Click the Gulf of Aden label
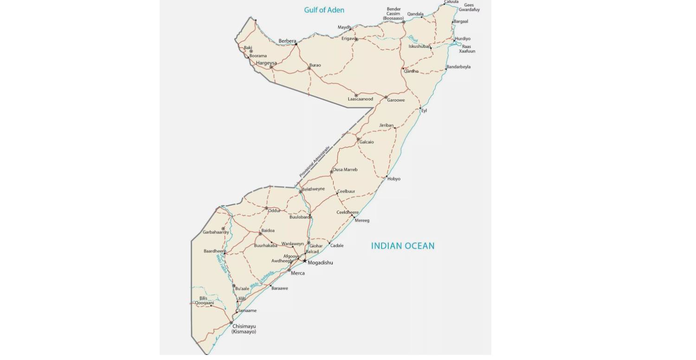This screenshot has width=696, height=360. click(x=324, y=10)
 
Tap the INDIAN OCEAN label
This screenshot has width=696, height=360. click(x=402, y=246)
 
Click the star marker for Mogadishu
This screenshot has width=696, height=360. click(x=304, y=261)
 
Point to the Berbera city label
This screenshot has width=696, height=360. click(x=287, y=41)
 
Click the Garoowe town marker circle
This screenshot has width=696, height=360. click(x=386, y=97)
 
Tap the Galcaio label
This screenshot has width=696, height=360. click(x=366, y=142)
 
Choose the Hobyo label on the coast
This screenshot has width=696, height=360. click(x=393, y=179)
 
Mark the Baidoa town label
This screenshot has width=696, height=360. click(x=268, y=231)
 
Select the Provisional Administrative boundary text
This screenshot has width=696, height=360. click(x=315, y=161)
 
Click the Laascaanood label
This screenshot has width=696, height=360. click(x=361, y=99)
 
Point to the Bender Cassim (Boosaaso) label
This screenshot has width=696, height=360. click(x=393, y=14)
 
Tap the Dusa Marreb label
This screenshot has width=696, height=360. click(x=345, y=170)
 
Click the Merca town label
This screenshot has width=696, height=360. click(x=297, y=273)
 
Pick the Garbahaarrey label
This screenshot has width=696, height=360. click(x=216, y=232)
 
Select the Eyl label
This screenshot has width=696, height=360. click(x=424, y=110)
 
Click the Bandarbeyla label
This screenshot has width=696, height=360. click(x=458, y=67)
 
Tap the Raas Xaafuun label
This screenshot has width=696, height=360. click(x=468, y=49)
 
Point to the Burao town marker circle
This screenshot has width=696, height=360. click(x=309, y=68)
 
